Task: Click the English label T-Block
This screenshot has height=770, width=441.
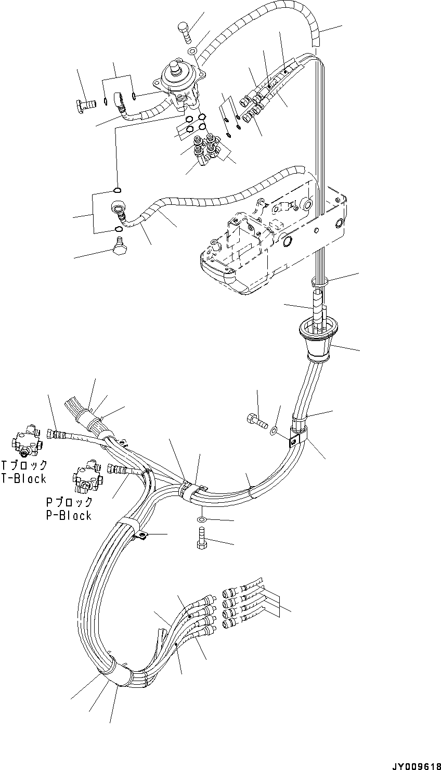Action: coord(24,479)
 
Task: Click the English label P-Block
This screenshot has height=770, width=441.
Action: coord(69,515)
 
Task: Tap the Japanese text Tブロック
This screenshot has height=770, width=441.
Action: coord(24,465)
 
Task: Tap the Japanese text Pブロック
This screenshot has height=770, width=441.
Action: coord(69,502)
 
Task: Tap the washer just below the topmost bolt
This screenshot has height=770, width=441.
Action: coord(192,51)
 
